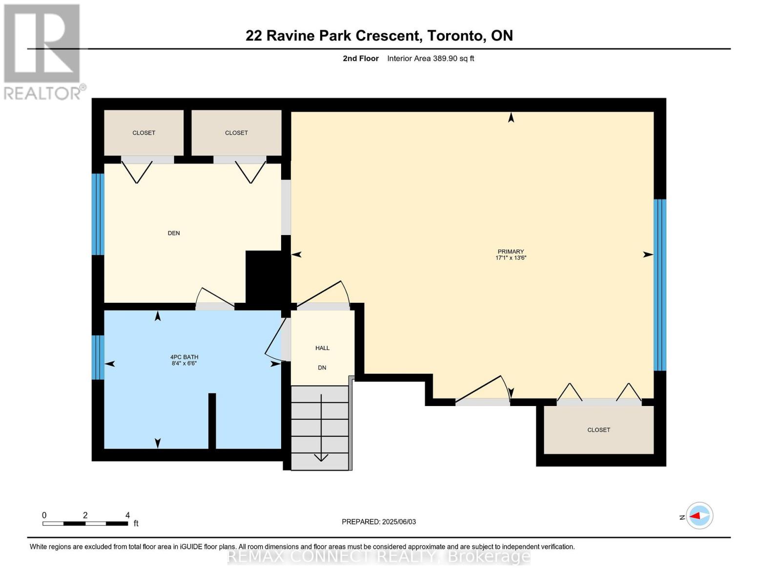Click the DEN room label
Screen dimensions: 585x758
(x=174, y=233)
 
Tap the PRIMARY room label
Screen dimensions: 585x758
(x=511, y=252)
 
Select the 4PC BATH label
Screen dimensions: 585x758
(x=184, y=357)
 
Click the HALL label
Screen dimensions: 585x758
(x=322, y=348)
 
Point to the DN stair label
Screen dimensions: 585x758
(x=322, y=368)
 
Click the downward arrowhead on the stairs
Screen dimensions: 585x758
(x=321, y=457)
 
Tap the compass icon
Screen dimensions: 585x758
(x=700, y=516)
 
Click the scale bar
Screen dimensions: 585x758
(x=85, y=524)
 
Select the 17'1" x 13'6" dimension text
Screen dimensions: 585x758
(x=511, y=258)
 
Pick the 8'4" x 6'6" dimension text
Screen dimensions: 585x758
(x=184, y=363)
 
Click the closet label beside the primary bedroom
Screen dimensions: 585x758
(x=598, y=430)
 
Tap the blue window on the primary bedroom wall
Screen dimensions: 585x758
(x=659, y=285)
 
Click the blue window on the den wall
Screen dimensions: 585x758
(x=98, y=214)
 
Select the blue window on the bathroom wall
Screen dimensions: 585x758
(x=98, y=357)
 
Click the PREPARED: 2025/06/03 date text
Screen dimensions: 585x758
(x=379, y=522)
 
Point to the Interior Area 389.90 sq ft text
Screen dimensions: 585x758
(x=430, y=58)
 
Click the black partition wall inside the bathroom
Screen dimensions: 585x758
(x=212, y=420)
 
